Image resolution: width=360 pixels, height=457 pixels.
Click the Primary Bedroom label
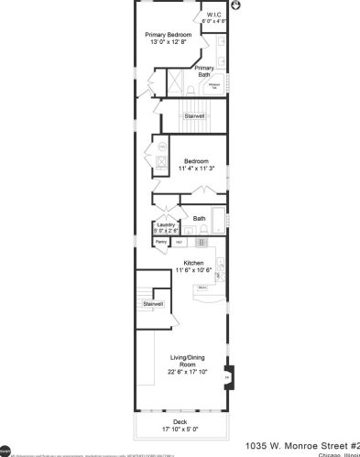pyautogui.click(x=168, y=34)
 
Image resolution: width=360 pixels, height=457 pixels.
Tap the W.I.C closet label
pyautogui.click(x=213, y=15)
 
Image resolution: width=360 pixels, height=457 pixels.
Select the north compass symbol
pyautogui.click(x=236, y=5)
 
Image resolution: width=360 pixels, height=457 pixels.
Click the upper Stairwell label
pyautogui.click(x=193, y=116)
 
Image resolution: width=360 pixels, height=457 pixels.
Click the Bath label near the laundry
pyautogui.click(x=199, y=218)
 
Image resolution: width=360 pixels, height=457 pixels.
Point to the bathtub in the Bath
pyautogui.click(x=218, y=223)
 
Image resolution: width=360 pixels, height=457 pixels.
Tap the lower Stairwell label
pyautogui.click(x=152, y=303)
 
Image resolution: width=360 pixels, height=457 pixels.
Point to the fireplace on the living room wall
pyautogui.click(x=228, y=375)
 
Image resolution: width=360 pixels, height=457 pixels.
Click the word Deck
pyautogui.click(x=180, y=421)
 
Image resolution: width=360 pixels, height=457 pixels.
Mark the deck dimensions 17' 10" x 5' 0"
pyautogui.click(x=180, y=429)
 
